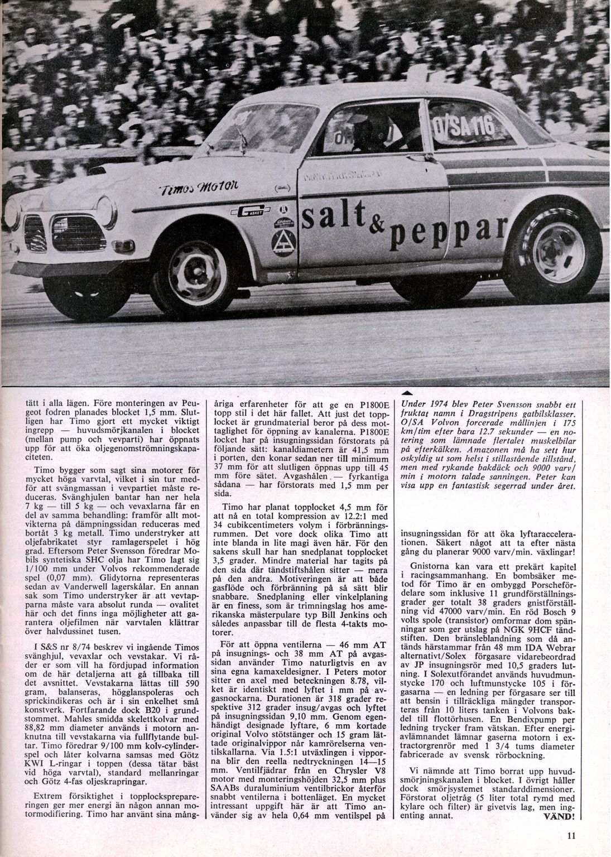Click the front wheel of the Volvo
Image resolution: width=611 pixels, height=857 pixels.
pos(193,270)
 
